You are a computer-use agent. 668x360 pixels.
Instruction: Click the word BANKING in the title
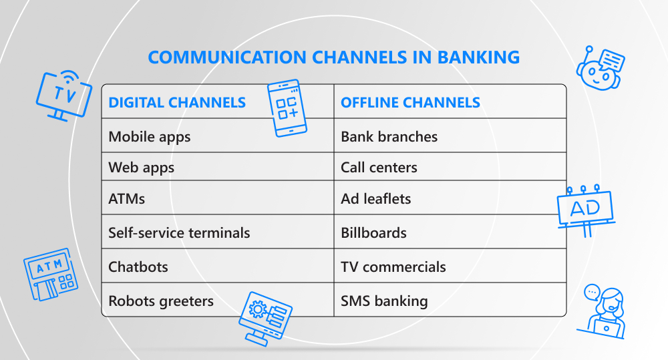pos(478,57)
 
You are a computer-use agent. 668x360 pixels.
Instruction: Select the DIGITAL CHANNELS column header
pos(177,103)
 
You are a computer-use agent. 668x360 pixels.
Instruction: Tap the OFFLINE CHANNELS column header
pos(410,103)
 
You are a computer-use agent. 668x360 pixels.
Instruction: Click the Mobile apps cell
pos(150,137)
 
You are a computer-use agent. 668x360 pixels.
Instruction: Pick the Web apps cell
pos(142,168)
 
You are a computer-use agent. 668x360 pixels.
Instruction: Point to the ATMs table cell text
pos(126,199)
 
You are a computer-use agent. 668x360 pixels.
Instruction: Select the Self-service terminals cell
pos(179,233)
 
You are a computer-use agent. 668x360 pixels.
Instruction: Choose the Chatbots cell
pos(138,267)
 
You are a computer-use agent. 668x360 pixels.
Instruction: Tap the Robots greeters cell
pos(161,301)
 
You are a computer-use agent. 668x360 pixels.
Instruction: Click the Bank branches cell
pos(389,137)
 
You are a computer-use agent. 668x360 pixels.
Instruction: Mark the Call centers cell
pos(379,168)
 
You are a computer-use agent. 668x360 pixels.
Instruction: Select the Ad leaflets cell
pos(375,199)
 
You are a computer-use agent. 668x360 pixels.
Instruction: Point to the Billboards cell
pos(373,233)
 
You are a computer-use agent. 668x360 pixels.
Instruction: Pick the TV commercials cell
pos(393,267)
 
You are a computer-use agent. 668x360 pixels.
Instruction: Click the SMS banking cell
pos(384,301)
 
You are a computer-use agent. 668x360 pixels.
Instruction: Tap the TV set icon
pos(64,96)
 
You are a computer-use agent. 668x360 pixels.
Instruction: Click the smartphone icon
pos(287,108)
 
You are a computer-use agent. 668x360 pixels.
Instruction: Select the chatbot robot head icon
pos(601,68)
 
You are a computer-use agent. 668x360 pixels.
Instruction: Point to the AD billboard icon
pos(586,210)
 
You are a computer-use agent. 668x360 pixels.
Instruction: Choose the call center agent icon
pos(603,311)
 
